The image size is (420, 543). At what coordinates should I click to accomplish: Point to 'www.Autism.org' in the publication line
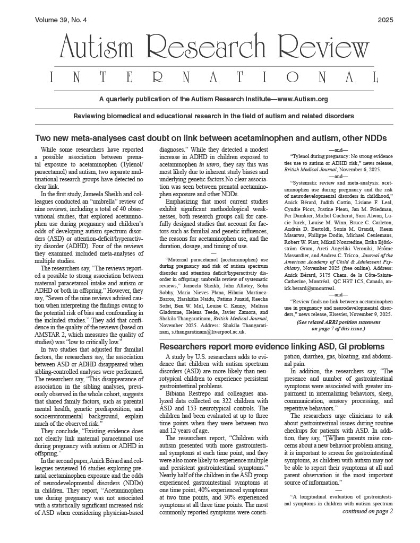(x=302, y=99)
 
